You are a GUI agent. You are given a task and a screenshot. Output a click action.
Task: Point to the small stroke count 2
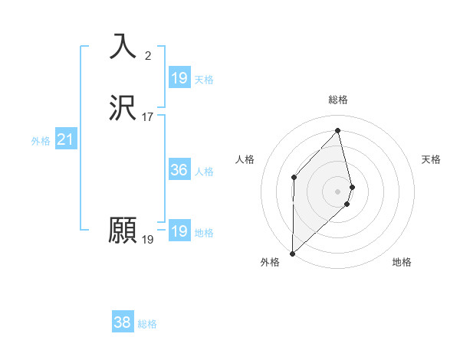point(147,55)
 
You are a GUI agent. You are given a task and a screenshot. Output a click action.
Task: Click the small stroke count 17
point(148,117)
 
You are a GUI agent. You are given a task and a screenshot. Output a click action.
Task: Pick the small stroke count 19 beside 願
point(147,240)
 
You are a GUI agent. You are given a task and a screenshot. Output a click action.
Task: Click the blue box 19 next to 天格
point(179,78)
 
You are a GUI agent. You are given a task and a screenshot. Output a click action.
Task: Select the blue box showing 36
point(179,170)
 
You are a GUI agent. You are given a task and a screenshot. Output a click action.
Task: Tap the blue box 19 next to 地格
point(179,231)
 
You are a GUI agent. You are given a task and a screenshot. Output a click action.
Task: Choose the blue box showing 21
point(65,139)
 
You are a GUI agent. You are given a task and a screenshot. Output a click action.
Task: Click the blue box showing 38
point(122,322)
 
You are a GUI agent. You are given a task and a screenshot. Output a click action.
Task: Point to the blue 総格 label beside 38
point(147,324)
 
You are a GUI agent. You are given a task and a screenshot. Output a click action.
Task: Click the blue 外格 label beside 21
point(41,141)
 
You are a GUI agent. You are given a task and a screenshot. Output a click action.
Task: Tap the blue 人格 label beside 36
point(204,172)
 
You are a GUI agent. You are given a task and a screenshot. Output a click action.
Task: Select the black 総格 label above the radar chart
point(338,100)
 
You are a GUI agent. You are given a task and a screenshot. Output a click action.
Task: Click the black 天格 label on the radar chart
point(432,159)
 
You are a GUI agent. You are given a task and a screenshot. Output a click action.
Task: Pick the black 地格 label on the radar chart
point(402,262)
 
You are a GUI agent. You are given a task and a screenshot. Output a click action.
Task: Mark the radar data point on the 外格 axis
point(292,253)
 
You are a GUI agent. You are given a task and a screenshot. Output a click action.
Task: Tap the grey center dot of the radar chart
point(338,190)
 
